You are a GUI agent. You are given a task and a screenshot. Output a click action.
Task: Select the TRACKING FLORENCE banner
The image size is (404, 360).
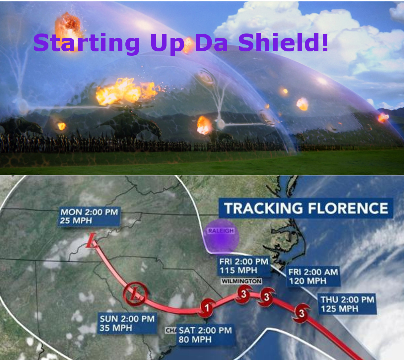(x=306, y=209)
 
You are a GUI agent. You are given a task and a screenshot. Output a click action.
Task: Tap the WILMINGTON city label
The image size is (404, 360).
(x=241, y=281)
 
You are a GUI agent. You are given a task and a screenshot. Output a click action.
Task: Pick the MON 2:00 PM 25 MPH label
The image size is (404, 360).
(x=89, y=216)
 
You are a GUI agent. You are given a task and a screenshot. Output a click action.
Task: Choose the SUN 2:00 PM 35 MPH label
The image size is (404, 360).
(x=127, y=324)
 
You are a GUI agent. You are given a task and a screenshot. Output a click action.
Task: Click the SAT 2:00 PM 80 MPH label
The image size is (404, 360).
(x=205, y=335)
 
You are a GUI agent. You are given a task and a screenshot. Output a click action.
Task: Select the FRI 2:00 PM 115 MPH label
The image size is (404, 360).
(x=244, y=266)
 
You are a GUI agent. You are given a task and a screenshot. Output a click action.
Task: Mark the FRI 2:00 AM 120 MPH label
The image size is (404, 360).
(x=313, y=276)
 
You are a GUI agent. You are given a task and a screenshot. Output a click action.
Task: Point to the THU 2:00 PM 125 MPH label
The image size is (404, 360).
(x=347, y=304)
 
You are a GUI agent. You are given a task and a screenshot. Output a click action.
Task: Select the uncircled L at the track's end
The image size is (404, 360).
(x=92, y=241)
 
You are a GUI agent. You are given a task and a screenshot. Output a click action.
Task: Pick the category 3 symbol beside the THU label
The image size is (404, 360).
(x=302, y=313)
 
